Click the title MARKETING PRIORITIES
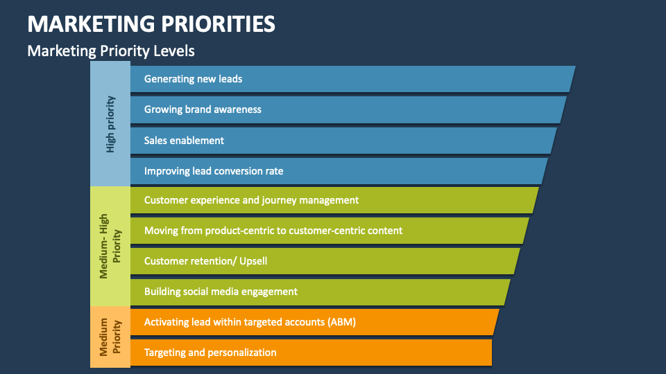(x=151, y=24)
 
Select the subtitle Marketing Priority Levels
(x=110, y=51)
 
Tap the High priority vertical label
(x=110, y=124)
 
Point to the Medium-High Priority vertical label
(x=110, y=245)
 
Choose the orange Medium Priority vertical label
(x=110, y=337)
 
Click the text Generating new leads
(x=193, y=79)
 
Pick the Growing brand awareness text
(x=203, y=109)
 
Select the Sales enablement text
(x=184, y=140)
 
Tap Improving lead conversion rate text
(x=214, y=170)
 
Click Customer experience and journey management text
(x=251, y=200)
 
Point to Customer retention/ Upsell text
(x=205, y=261)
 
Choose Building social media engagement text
(x=221, y=292)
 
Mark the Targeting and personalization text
(x=210, y=353)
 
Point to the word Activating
(x=165, y=322)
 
